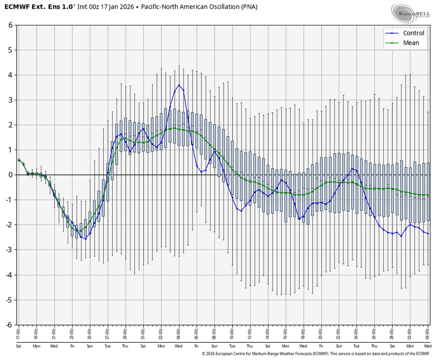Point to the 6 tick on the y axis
tap(10, 25)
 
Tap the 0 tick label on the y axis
tap(10, 175)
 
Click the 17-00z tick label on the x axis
tap(19, 331)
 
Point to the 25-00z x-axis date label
tap(90, 331)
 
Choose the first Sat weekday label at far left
tap(19, 346)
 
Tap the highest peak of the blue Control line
tap(179, 85)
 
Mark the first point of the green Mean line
tap(19, 160)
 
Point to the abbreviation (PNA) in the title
tap(248, 7)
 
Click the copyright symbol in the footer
tap(203, 354)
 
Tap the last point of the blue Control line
tap(428, 233)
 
